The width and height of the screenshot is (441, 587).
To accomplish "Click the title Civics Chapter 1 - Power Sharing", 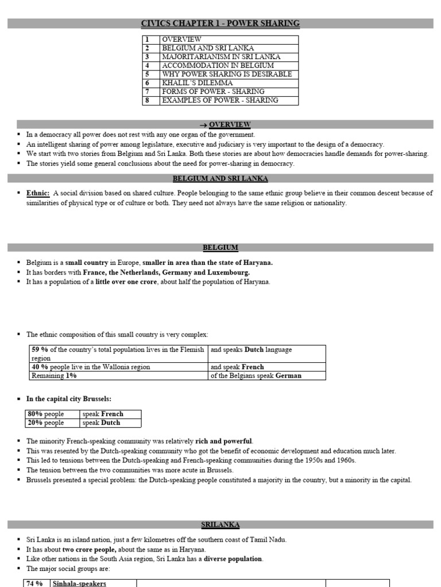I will pyautogui.click(x=220, y=24).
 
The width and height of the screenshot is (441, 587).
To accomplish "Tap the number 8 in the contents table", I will pyautogui.click(x=148, y=100).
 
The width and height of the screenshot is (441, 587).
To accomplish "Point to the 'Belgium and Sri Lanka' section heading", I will pyautogui.click(x=220, y=179).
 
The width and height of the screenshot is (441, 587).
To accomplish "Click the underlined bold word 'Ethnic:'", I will pyautogui.click(x=38, y=194).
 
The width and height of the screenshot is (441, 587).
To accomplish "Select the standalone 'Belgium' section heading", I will pyautogui.click(x=220, y=248).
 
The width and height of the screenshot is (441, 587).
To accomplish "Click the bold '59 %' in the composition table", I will pyautogui.click(x=40, y=349).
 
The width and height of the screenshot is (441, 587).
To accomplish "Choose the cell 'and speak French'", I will pyautogui.click(x=237, y=367).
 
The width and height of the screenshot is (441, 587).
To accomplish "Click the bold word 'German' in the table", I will pyautogui.click(x=288, y=376).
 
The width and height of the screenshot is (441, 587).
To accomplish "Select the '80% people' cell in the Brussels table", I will pyautogui.click(x=47, y=414).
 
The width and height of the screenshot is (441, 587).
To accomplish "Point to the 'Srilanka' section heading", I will pyautogui.click(x=220, y=525).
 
